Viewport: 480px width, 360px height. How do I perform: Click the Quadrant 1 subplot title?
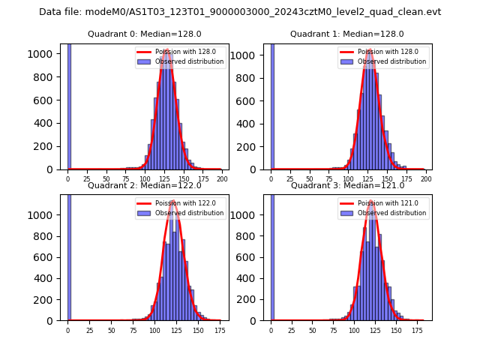[x=347, y=34]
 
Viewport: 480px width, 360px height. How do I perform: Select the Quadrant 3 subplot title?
[x=347, y=185]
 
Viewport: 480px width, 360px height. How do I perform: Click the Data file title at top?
[x=240, y=12]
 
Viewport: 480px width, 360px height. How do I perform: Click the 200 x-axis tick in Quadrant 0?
[x=222, y=180]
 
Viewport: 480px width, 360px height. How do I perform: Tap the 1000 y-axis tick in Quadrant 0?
[x=48, y=54]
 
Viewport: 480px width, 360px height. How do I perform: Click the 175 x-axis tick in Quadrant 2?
[x=220, y=331]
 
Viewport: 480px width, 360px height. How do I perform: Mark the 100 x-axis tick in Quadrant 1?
[x=348, y=180]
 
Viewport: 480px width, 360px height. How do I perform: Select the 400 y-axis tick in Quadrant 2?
[x=50, y=278]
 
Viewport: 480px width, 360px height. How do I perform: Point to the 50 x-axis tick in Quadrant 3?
[x=314, y=331]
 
